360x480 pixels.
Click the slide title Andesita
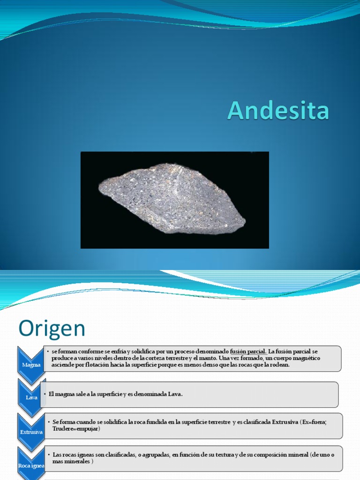(x=278, y=111)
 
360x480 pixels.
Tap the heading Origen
(x=52, y=329)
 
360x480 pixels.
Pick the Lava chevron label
(x=31, y=397)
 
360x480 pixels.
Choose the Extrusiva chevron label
(x=31, y=432)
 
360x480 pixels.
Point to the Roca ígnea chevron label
(x=31, y=465)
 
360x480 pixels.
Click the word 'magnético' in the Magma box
(x=305, y=358)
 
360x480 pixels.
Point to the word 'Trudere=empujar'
(x=76, y=428)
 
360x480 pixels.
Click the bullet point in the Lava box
(x=45, y=394)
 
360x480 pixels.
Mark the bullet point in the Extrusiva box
(x=48, y=422)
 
